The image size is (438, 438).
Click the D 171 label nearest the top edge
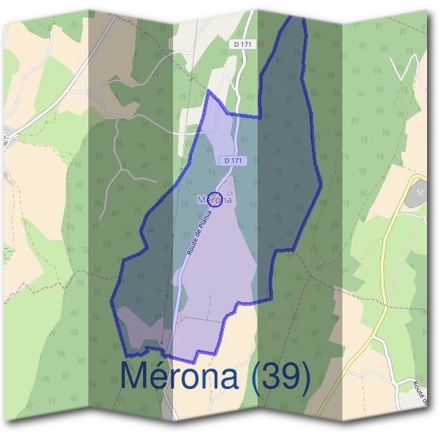tap(245, 45)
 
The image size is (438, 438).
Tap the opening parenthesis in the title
tap(255, 377)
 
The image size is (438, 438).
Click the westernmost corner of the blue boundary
tap(112, 300)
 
